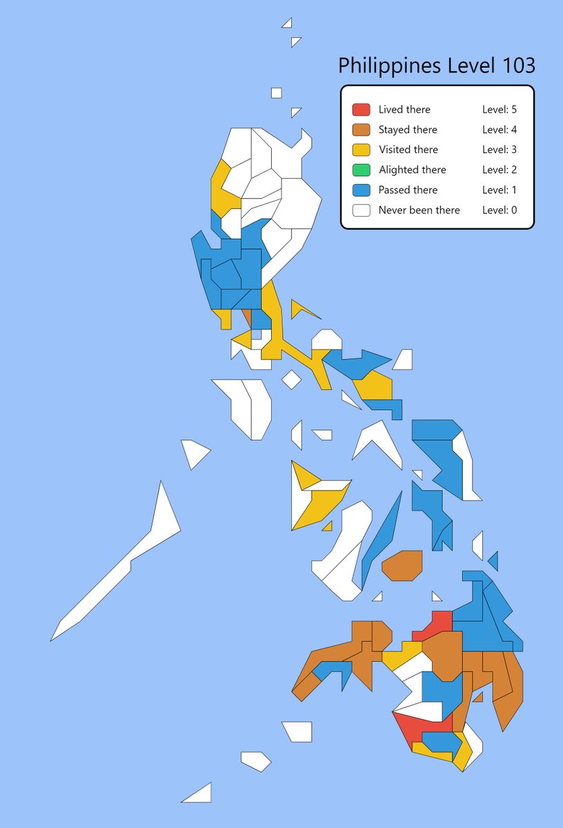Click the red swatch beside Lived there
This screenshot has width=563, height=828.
click(362, 110)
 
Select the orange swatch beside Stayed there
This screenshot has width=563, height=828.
click(362, 130)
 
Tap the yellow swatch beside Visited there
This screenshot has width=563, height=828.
click(362, 150)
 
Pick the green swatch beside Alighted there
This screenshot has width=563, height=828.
click(362, 170)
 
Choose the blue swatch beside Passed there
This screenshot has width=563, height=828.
click(362, 190)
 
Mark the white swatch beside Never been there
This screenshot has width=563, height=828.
click(362, 210)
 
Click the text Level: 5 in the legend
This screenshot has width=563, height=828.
click(500, 110)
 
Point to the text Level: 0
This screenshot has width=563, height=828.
click(500, 210)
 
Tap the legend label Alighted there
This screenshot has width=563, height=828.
click(412, 170)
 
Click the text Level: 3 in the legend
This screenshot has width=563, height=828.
click(500, 150)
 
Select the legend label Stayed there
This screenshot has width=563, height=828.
click(408, 130)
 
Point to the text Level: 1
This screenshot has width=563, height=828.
click(500, 190)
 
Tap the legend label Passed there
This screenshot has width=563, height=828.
click(408, 190)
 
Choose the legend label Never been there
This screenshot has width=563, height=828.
click(419, 210)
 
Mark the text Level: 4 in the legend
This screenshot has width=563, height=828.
click(500, 130)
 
